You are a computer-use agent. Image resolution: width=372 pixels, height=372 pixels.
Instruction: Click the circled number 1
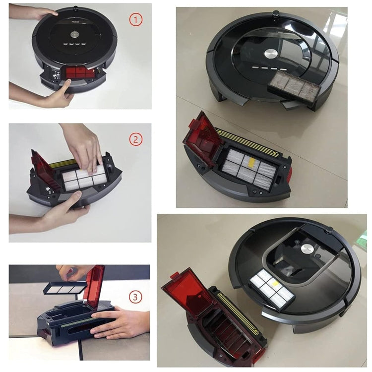pos(136,20)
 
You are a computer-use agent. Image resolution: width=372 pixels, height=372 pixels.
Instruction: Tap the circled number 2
pos(136,139)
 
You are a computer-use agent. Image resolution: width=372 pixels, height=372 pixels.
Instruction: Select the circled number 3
pos(136,297)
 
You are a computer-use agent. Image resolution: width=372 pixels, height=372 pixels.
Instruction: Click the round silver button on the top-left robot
pos(74,35)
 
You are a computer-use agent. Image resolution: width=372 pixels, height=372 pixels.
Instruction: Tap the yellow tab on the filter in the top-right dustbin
pos(250,161)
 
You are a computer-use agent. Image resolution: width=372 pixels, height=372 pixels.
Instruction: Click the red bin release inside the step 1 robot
pos(79,72)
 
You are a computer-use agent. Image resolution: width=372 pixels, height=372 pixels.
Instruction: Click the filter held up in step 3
pos(65,288)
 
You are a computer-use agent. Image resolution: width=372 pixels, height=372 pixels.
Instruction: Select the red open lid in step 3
pos(94,285)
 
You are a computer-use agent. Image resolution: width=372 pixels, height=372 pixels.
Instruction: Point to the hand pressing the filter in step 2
pos(84,146)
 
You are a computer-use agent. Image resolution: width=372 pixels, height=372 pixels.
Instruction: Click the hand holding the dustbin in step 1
pos(55,97)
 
